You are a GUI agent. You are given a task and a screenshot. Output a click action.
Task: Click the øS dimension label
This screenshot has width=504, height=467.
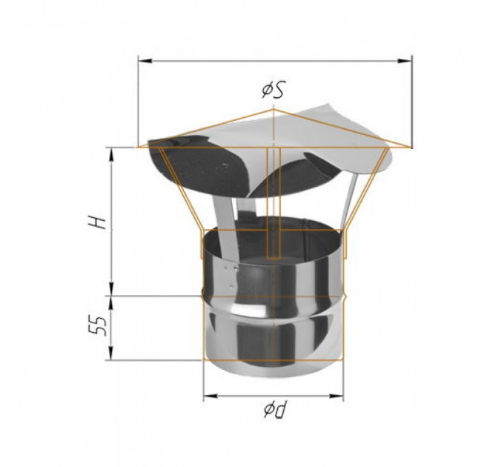[x=273, y=90]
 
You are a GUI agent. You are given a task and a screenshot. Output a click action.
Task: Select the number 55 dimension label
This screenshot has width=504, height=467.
[x=98, y=326]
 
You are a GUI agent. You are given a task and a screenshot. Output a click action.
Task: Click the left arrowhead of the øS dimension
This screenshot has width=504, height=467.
[x=145, y=61]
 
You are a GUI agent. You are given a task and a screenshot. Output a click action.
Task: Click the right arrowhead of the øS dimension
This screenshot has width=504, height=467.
[x=405, y=61]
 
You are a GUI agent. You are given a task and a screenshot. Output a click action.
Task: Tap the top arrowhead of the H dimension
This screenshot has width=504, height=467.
[x=112, y=155]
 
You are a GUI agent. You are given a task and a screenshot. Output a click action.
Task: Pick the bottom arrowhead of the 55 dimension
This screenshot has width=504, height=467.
[x=112, y=353]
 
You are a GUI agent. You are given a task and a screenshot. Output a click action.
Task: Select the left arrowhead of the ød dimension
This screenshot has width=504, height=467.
[x=210, y=396]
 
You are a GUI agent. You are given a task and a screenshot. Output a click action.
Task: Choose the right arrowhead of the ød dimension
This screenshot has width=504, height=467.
[x=336, y=396]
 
